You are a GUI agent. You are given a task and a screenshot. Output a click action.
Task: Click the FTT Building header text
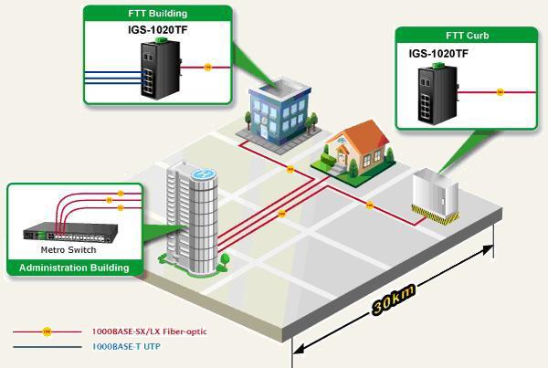pyautogui.click(x=158, y=14)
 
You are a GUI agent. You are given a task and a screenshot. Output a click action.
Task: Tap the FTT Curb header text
pyautogui.click(x=468, y=36)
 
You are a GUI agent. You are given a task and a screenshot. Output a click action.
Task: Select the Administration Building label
pyautogui.click(x=74, y=268)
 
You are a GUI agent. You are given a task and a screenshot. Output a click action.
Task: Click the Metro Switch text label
pyautogui.click(x=68, y=250)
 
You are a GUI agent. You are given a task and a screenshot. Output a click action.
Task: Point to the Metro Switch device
pyautogui.click(x=70, y=232)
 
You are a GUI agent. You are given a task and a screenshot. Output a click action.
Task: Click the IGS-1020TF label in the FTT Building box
pyautogui.click(x=158, y=30)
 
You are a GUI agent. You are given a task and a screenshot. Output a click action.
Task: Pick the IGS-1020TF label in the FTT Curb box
pyautogui.click(x=438, y=54)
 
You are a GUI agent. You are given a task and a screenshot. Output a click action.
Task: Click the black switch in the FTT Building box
pyautogui.click(x=161, y=69)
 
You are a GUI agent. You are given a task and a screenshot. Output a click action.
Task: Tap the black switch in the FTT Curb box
pyautogui.click(x=437, y=95)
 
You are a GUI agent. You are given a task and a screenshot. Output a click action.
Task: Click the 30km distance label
pyautogui.click(x=394, y=299)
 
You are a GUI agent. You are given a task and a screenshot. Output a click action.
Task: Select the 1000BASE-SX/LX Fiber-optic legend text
pyautogui.click(x=149, y=331)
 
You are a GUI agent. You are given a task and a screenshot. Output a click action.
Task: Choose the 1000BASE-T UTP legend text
pyautogui.click(x=126, y=346)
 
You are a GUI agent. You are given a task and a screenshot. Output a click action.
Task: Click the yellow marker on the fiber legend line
pyautogui.click(x=47, y=331)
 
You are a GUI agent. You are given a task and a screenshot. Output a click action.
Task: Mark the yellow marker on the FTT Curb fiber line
pyautogui.click(x=501, y=92)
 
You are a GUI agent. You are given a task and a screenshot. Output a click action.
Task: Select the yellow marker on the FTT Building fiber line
pyautogui.click(x=208, y=67)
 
